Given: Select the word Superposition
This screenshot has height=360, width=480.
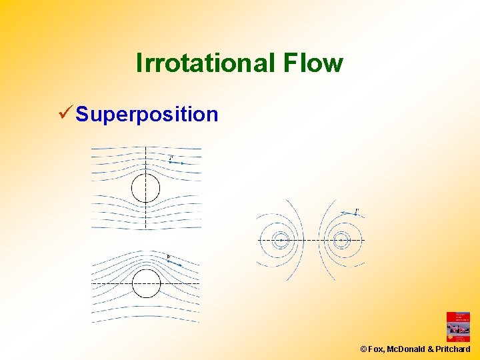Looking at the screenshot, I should coord(147,114).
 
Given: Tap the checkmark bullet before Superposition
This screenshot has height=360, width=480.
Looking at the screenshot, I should coord(65,113).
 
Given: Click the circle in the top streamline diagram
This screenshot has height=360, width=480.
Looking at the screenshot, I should coord(145,188).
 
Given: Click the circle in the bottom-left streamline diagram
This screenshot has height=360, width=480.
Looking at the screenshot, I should coord(145,283).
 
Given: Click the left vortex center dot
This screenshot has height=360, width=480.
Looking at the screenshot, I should coord(282,239).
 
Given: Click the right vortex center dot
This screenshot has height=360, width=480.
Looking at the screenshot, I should coord(341,239).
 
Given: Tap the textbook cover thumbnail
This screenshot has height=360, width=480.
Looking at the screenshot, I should coord(458,327).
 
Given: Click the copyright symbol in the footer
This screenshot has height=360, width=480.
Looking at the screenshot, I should coord(363,349).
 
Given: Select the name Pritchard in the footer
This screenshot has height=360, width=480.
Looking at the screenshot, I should coord(453,349).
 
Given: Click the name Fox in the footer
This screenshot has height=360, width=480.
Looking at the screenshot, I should coord(375,349).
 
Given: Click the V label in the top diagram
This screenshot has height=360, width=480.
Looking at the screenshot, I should coord(171,158).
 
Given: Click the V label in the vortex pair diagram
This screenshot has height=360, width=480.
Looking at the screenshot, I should coord(357,211).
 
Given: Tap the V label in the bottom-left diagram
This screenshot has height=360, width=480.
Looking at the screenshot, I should coord(168,257).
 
